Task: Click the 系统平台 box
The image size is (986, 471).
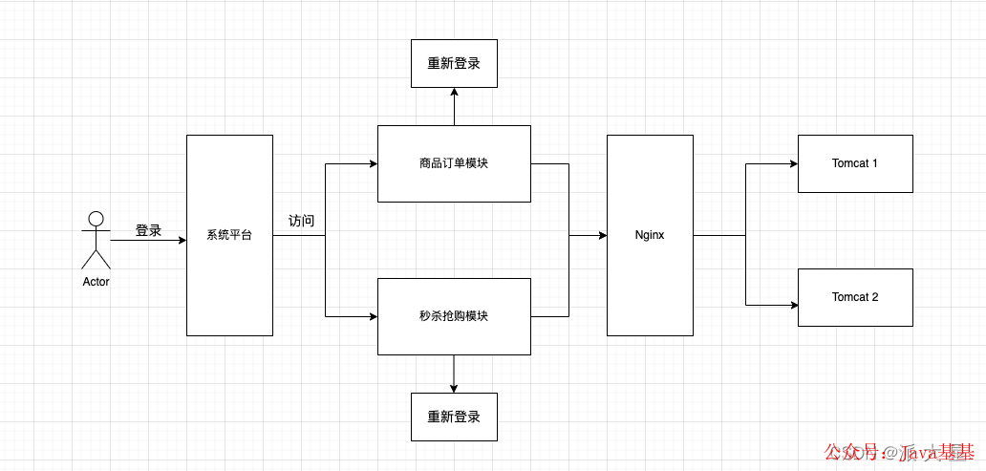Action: click(x=229, y=235)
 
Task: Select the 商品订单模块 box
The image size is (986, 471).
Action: click(x=454, y=163)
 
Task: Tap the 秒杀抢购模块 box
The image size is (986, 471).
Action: click(x=454, y=316)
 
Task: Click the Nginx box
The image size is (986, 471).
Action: click(x=650, y=235)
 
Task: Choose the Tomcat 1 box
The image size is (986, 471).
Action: click(x=855, y=163)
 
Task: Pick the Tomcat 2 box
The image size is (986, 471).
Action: click(x=855, y=297)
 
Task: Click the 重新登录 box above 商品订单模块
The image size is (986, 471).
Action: click(x=454, y=64)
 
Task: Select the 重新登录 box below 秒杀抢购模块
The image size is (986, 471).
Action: click(x=454, y=417)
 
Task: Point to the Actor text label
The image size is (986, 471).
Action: click(x=96, y=282)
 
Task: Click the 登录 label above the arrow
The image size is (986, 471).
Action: click(x=148, y=230)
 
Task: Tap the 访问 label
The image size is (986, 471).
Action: click(x=301, y=221)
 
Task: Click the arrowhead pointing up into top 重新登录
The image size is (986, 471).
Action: click(x=454, y=93)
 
